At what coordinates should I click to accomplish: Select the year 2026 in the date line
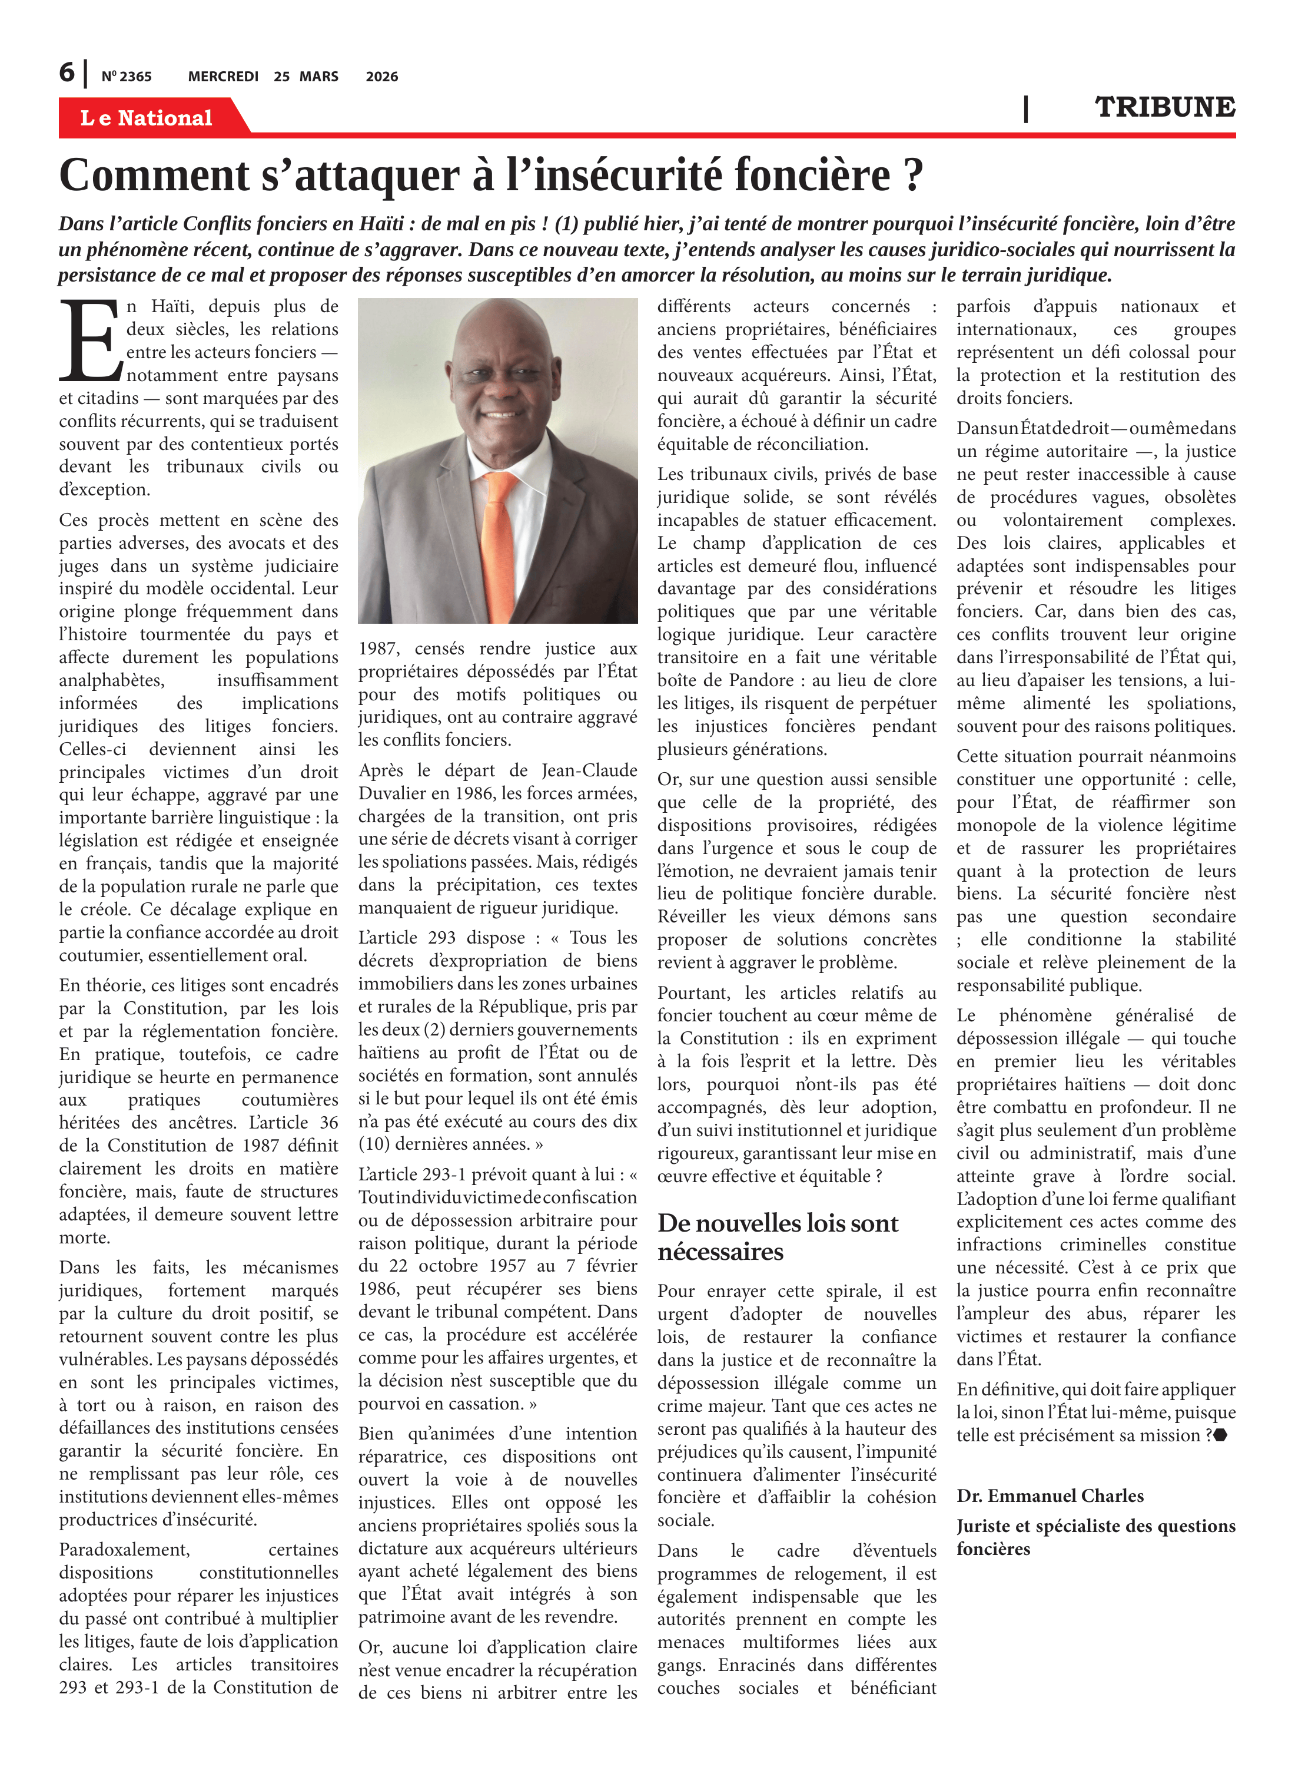pyautogui.click(x=382, y=77)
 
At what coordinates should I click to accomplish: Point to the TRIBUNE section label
pyautogui.click(x=1164, y=107)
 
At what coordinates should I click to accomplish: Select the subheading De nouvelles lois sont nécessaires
pyautogui.click(x=778, y=1237)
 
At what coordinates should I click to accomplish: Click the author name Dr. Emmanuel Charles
pyautogui.click(x=1050, y=1495)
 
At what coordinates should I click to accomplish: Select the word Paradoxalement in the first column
pyautogui.click(x=124, y=1549)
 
